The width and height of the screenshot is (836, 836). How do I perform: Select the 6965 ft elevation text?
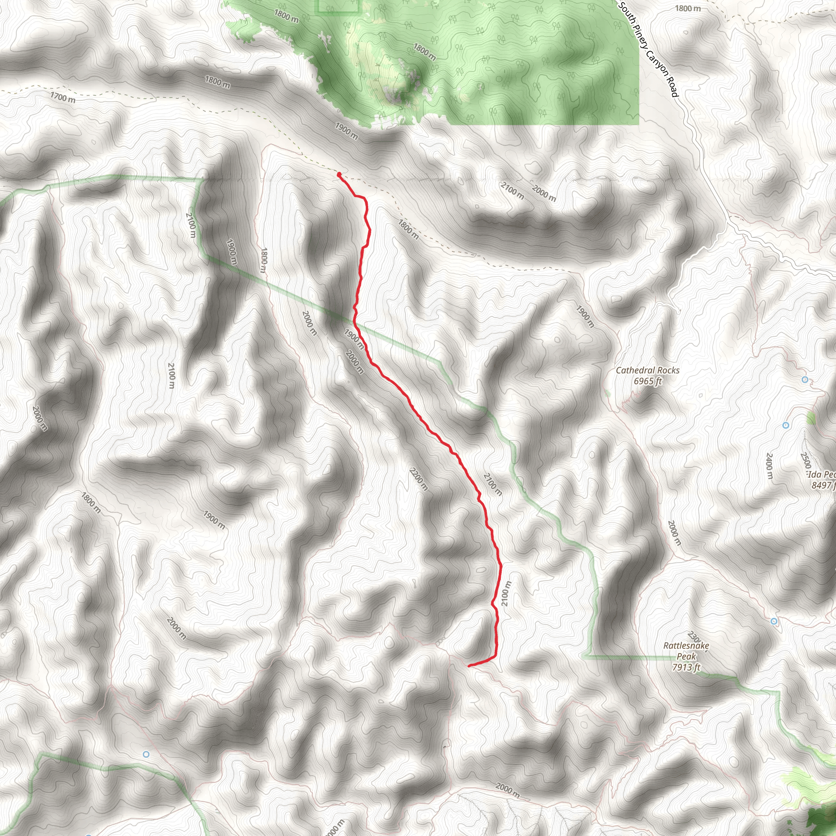click(648, 381)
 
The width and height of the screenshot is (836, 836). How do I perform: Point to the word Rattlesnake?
click(686, 646)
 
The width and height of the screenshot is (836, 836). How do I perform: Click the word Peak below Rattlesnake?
click(686, 656)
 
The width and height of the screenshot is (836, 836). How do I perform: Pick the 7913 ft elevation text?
click(686, 667)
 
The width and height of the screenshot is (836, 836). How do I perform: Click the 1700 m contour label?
click(63, 98)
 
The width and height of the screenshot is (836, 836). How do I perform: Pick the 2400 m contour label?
click(769, 466)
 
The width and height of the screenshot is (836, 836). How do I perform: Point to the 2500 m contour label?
click(805, 460)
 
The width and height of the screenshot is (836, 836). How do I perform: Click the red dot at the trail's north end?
click(339, 174)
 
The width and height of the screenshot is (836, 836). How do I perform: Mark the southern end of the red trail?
click(469, 665)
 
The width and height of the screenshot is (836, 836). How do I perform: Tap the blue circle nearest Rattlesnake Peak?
click(774, 621)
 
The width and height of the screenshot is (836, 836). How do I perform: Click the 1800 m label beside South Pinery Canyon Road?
click(688, 8)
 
